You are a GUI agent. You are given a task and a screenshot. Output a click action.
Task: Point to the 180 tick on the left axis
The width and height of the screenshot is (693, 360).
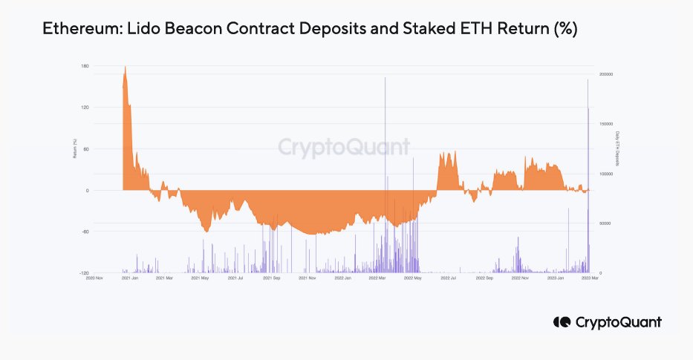point(85,67)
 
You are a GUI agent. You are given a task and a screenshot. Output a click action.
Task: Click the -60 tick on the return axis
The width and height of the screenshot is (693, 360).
point(85,232)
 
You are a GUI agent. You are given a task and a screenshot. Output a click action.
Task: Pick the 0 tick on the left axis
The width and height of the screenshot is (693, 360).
point(87,191)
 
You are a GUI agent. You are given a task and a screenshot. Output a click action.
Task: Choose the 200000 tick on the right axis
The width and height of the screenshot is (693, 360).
point(607,74)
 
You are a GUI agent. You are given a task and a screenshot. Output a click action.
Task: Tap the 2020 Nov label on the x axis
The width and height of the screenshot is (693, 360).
point(94,279)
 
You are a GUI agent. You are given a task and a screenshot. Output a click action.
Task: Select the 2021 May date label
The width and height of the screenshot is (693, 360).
point(200,279)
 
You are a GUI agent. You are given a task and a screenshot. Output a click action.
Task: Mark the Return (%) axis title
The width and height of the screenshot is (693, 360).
point(75,149)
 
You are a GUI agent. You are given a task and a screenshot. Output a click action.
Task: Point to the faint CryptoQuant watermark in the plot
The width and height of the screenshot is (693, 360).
point(344,147)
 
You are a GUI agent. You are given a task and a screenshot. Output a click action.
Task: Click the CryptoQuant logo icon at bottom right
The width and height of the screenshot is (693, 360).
point(562,322)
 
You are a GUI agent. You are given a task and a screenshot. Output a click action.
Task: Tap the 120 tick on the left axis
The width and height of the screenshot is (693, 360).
point(85,108)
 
